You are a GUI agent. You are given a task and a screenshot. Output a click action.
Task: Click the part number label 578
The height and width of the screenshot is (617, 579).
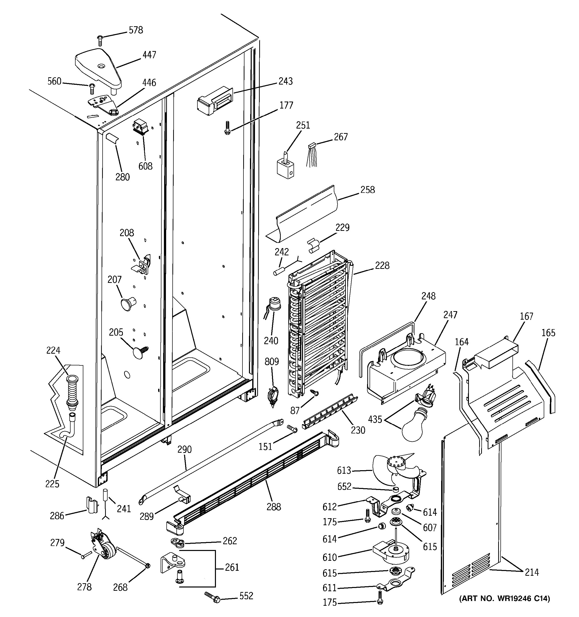coord(136,30)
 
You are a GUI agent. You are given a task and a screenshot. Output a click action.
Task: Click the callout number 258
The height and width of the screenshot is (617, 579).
coord(368,190)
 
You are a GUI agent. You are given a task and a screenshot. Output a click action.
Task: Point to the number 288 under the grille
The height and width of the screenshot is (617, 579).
coord(273,507)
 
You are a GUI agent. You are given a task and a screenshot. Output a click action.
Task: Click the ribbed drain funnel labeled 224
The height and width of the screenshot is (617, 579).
coord(72,392)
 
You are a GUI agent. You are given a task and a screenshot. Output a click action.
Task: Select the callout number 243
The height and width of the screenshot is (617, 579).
coord(285,81)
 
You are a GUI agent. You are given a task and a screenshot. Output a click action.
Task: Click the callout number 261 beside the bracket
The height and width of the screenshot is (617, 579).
coord(232,567)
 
